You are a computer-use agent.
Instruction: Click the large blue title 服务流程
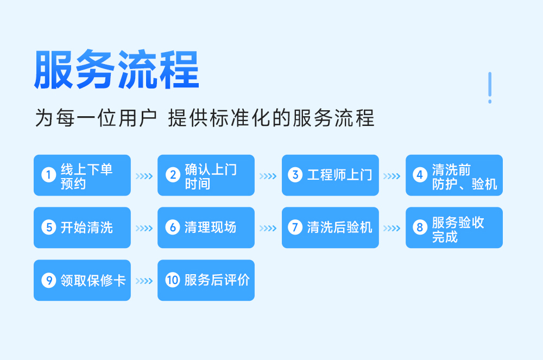pos(117,70)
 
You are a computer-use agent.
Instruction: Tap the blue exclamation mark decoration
pos(490,87)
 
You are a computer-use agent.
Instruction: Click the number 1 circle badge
pos(48,175)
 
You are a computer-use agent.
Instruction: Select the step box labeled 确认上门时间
pos(206,175)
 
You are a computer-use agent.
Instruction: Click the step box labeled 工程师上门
pos(330,175)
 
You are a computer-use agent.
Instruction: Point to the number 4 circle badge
pos(420,175)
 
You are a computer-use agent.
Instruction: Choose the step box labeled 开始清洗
pos(82,228)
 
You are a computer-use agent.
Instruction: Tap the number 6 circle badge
pos(173,228)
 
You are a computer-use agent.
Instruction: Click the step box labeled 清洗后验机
pos(330,228)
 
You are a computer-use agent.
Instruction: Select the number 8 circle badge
pos(420,228)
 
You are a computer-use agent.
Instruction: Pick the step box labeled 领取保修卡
pos(82,280)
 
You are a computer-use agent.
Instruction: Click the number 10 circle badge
pos(173,280)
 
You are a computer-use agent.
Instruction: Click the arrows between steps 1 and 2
pos(144,176)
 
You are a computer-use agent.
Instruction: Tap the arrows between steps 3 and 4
pos(392,176)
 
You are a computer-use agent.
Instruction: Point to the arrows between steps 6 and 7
pos(268,229)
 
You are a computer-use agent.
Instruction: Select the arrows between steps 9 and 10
pos(144,281)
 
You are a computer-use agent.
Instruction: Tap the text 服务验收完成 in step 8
pos(458,230)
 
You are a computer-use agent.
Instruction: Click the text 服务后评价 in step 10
pos(217,280)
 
